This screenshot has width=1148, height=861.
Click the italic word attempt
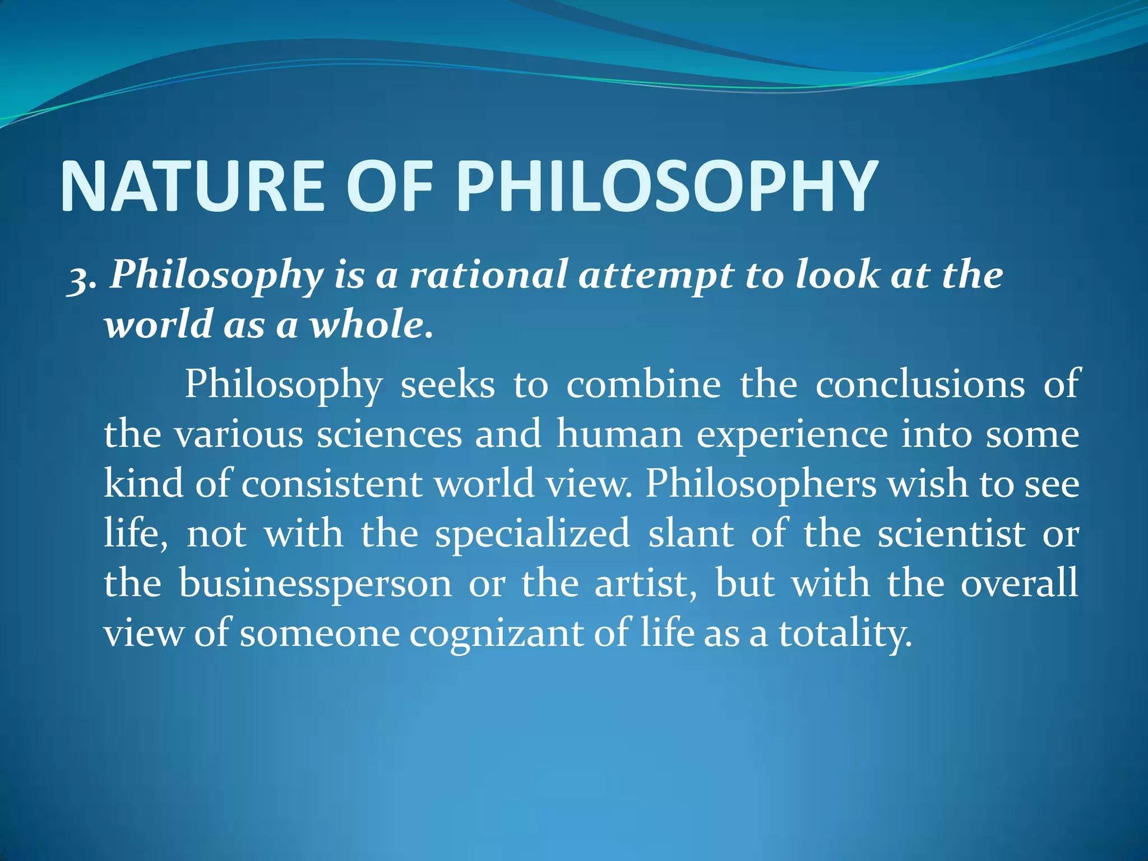click(656, 276)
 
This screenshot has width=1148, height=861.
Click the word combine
click(644, 385)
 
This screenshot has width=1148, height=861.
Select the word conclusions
click(920, 385)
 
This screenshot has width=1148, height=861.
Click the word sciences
click(389, 434)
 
